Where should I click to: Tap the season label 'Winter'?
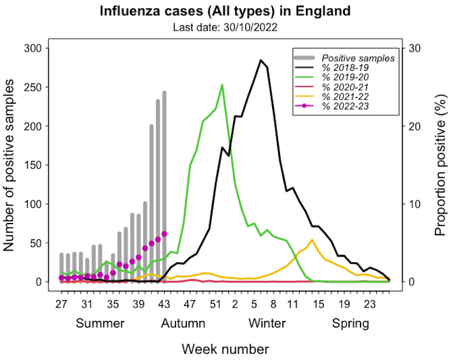[267, 324]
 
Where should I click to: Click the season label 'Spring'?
[351, 324]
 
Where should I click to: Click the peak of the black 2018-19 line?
[261, 60]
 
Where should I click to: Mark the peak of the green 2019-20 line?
[222, 85]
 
